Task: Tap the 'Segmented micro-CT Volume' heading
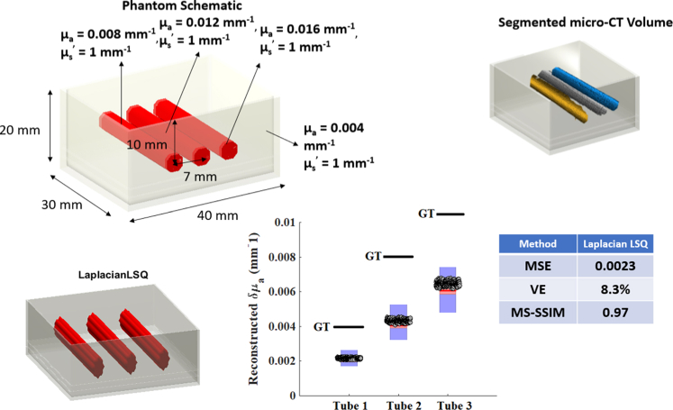pos(585,23)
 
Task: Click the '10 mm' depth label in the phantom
pos(141,144)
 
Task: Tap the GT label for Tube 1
pos(323,326)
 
